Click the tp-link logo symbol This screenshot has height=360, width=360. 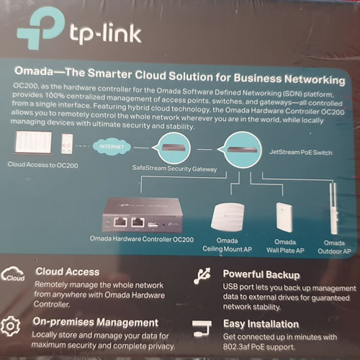[41, 27]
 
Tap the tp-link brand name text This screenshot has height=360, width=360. [105, 34]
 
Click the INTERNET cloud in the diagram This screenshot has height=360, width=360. [112, 147]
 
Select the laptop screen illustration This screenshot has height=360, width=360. [33, 142]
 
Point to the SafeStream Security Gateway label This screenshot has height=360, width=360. [174, 168]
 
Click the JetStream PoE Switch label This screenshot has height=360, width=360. [301, 152]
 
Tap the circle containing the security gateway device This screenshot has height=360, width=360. [174, 148]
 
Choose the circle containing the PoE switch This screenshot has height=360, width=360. [242, 150]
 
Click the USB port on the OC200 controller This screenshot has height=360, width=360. [153, 225]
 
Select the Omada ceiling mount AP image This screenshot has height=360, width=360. [228, 217]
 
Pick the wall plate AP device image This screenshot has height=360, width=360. [284, 217]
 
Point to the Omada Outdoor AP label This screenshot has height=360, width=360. [334, 247]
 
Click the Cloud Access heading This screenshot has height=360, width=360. [68, 271]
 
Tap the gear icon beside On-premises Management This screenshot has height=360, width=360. [10, 326]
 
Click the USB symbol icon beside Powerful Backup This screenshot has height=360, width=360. [202, 276]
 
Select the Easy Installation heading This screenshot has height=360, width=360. [261, 324]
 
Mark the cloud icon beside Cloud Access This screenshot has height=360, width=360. [13, 274]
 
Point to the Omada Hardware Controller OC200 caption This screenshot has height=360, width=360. [142, 239]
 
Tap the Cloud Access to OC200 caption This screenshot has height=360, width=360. [42, 165]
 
